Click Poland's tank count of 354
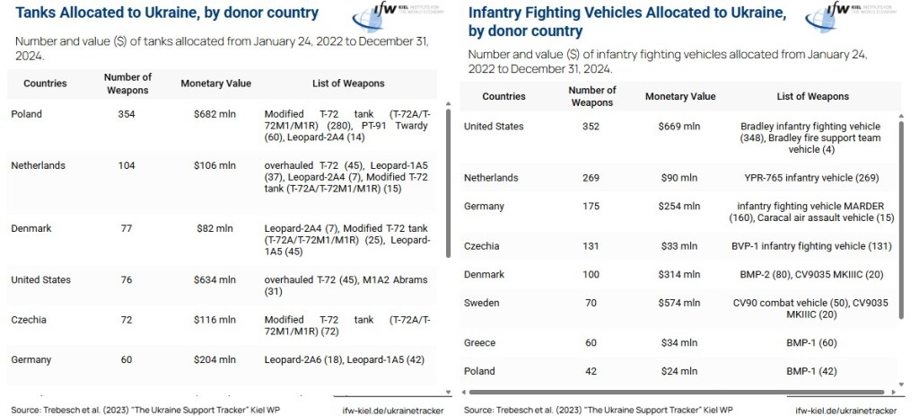[127, 114]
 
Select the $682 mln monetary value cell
[215, 114]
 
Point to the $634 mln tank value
[215, 280]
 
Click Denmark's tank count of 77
[127, 228]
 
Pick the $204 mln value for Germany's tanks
[215, 359]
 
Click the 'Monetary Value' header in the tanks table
[215, 84]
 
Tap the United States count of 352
[591, 127]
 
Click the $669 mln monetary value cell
[679, 127]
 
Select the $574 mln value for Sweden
[679, 304]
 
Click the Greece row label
[480, 342]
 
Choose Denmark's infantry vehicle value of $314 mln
[679, 275]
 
